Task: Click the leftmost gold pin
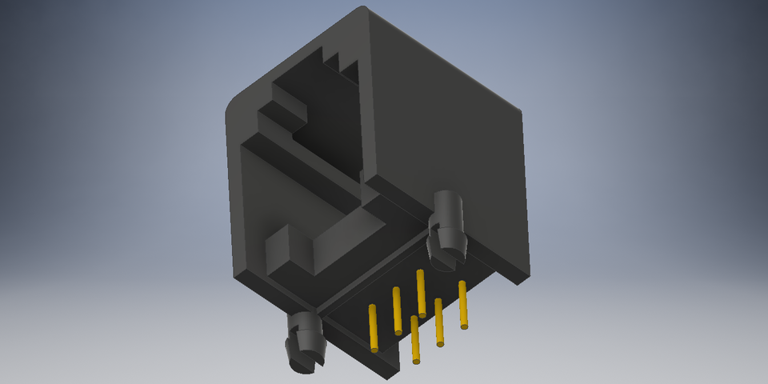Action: pyautogui.click(x=373, y=327)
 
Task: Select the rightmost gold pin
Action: pyautogui.click(x=462, y=305)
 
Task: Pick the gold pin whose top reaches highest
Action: pyautogui.click(x=421, y=293)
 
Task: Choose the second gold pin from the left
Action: pyautogui.click(x=397, y=310)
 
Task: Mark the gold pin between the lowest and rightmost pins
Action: pyautogui.click(x=438, y=322)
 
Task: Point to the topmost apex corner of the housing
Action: pyautogui.click(x=362, y=8)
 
